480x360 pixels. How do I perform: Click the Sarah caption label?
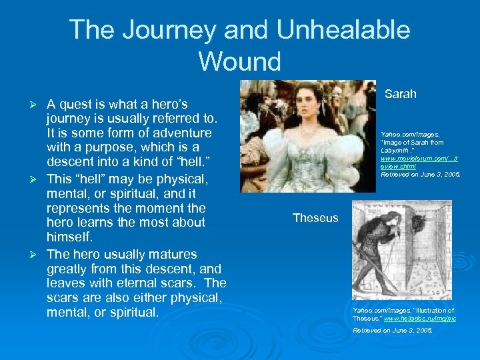pyautogui.click(x=400, y=94)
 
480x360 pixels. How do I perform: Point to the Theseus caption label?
pyautogui.click(x=315, y=218)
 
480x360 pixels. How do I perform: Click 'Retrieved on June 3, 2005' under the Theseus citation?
pyautogui.click(x=393, y=330)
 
